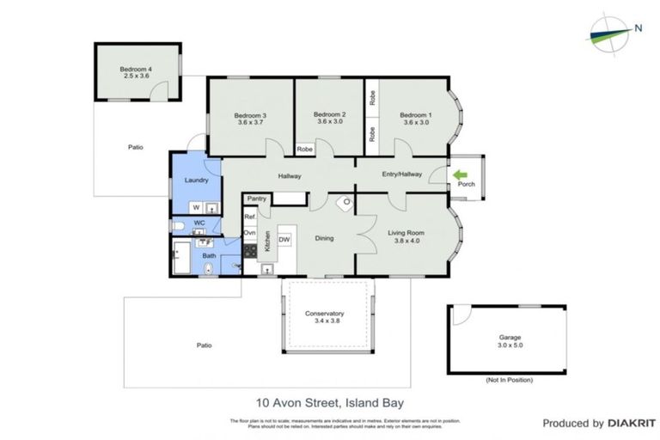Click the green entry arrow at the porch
click(461, 173)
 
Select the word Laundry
click(197, 180)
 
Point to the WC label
click(199, 223)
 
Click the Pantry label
click(257, 199)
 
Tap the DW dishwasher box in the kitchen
click(284, 239)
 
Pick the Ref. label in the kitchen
click(250, 217)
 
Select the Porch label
click(467, 185)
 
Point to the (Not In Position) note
click(510, 379)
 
